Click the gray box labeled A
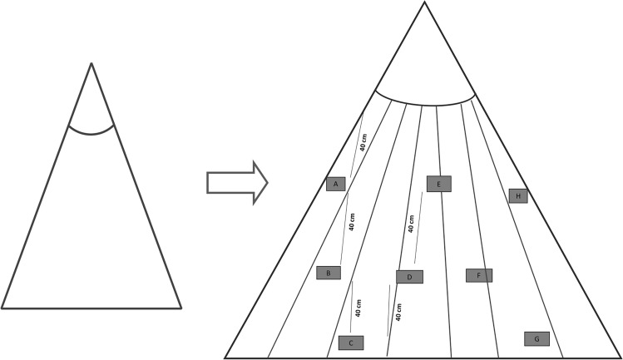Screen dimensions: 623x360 pyautogui.click(x=335, y=184)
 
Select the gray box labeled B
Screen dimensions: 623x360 pyautogui.click(x=329, y=273)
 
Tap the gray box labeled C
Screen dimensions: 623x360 pyautogui.click(x=351, y=343)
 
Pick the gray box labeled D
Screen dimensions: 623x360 pyautogui.click(x=409, y=277)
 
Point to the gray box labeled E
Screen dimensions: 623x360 pyautogui.click(x=438, y=184)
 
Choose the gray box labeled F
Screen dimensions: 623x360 pyautogui.click(x=479, y=275)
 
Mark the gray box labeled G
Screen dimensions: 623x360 pyautogui.click(x=536, y=338)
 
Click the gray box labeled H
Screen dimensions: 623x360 pyautogui.click(x=518, y=196)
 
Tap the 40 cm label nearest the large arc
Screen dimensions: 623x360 pyautogui.click(x=363, y=141)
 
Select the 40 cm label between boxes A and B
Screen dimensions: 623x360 pyautogui.click(x=353, y=220)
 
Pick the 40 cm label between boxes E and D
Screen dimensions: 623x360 pyautogui.click(x=411, y=223)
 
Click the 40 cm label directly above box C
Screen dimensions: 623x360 pyautogui.click(x=358, y=308)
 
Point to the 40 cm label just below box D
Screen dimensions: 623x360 pyautogui.click(x=398, y=313)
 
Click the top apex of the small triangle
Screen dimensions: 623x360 pyautogui.click(x=91, y=62)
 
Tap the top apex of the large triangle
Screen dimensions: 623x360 pyautogui.click(x=424, y=2)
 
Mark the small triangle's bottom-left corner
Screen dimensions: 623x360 pyautogui.click(x=2, y=308)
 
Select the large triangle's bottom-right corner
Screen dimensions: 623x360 pyautogui.click(x=620, y=358)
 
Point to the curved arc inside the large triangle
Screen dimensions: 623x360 pyautogui.click(x=424, y=104)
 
